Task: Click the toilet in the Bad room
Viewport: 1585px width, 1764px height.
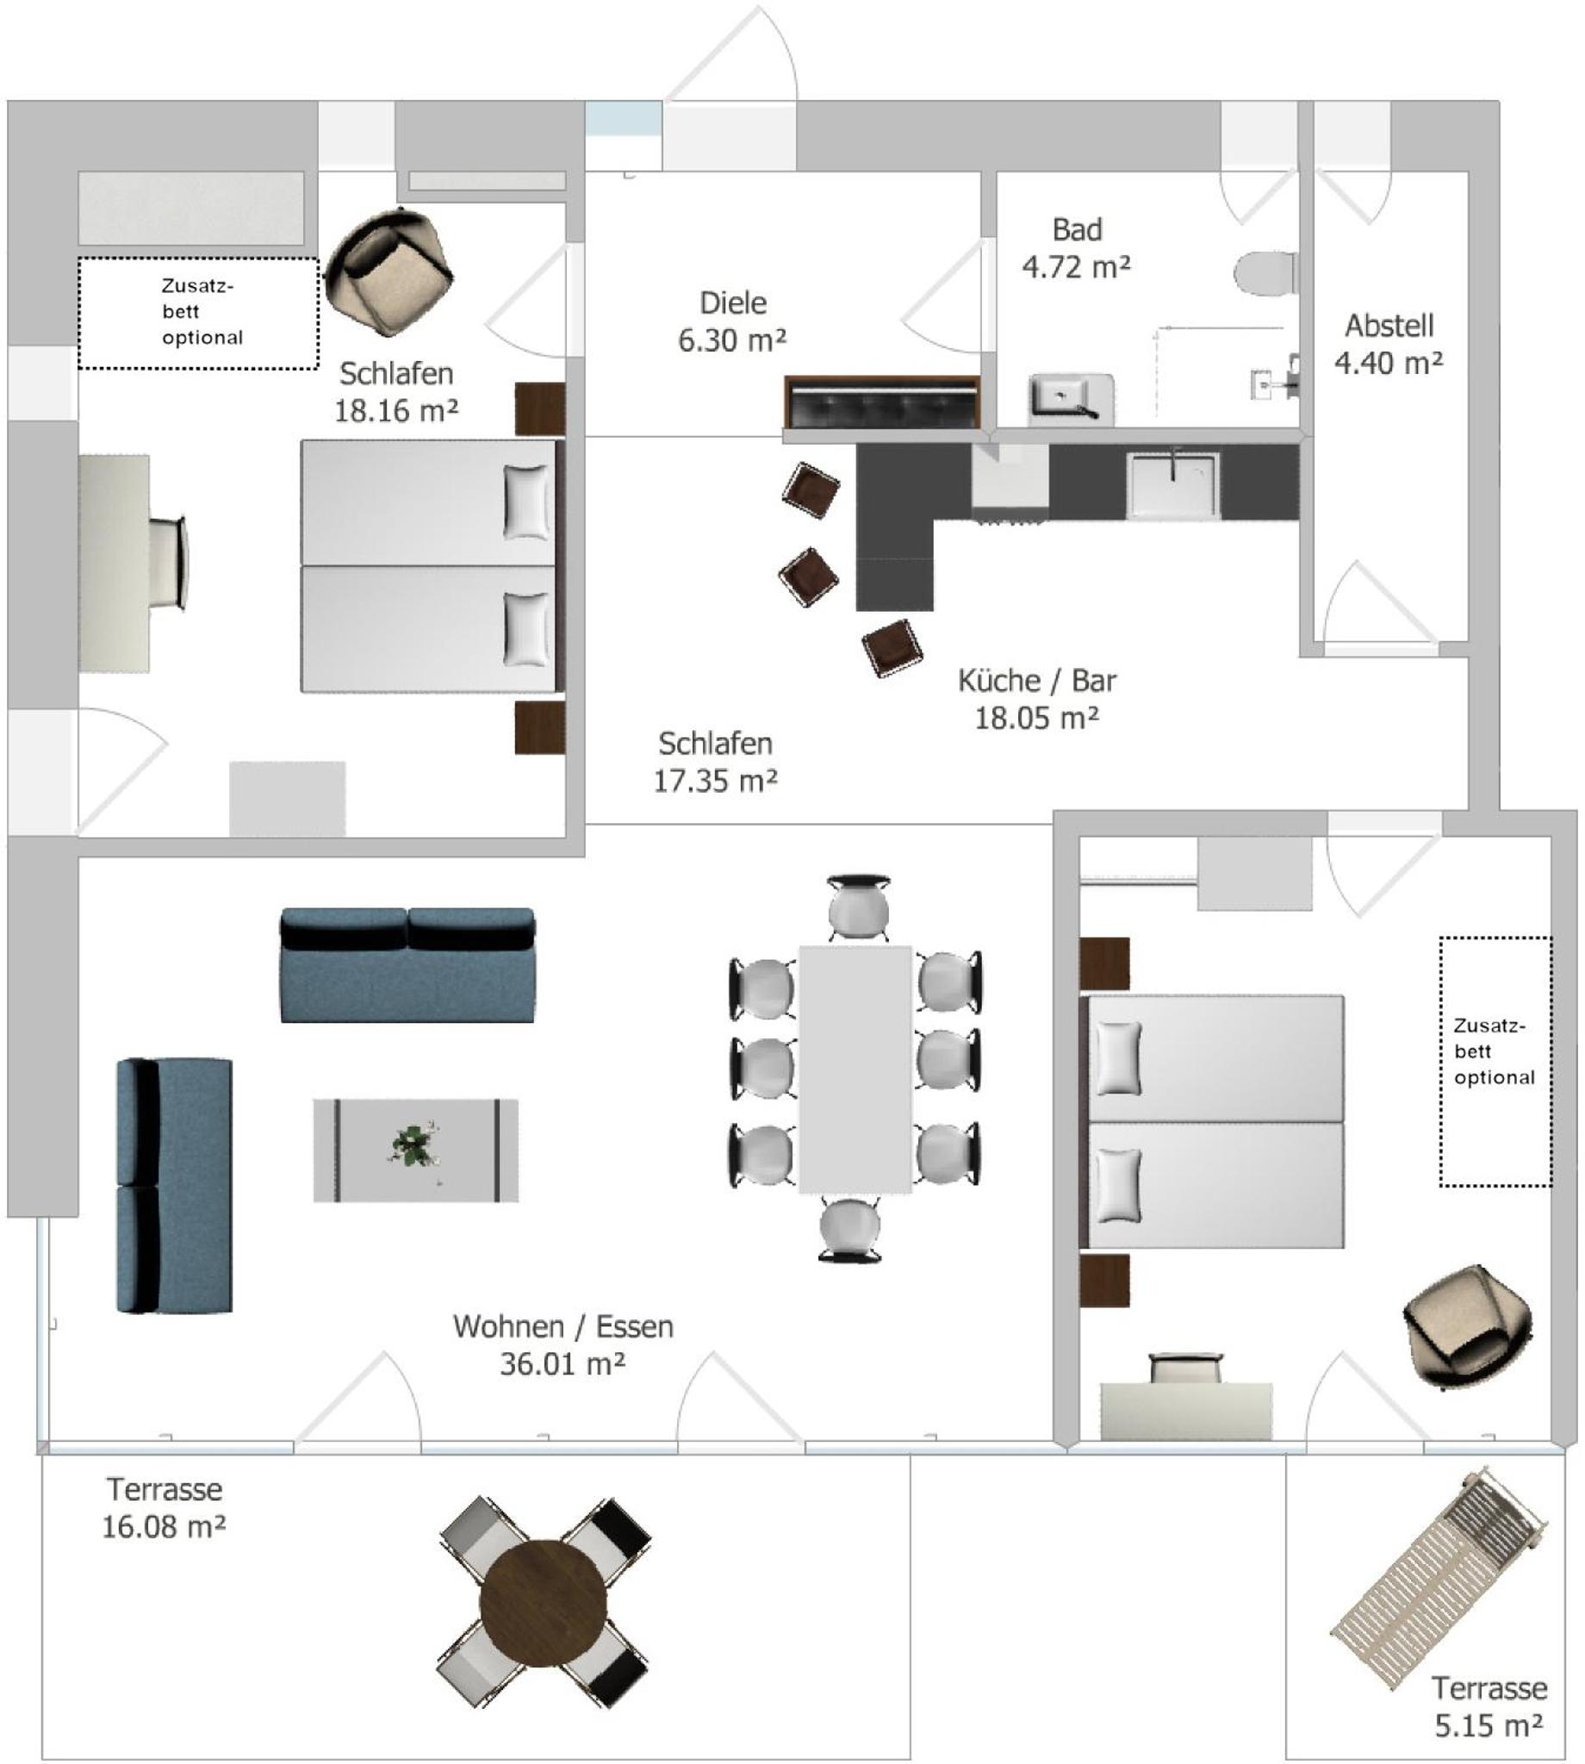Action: (x=1265, y=272)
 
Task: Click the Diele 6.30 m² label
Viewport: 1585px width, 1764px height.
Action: (x=732, y=321)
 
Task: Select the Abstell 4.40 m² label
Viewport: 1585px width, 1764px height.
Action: (x=1389, y=344)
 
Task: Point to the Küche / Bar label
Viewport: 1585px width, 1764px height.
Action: (x=1036, y=680)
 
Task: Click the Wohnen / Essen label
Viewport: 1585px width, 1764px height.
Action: (x=563, y=1327)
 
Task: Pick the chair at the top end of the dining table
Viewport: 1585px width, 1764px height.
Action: (x=858, y=907)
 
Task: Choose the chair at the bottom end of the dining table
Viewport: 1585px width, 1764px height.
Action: (x=850, y=1229)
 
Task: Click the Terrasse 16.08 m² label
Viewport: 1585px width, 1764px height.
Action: (x=164, y=1508)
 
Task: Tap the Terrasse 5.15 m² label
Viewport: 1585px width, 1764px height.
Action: (x=1489, y=1707)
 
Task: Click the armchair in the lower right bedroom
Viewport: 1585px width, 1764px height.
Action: (x=1469, y=1327)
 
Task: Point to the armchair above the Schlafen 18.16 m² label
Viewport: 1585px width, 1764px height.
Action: (x=388, y=271)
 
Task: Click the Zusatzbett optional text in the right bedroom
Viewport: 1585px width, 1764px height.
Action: (x=1493, y=1051)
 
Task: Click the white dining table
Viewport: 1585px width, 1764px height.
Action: (x=855, y=1069)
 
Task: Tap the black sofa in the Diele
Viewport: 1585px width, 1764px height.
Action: (x=882, y=402)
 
